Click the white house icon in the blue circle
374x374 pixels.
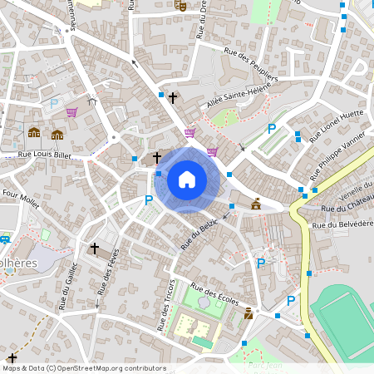(187, 179)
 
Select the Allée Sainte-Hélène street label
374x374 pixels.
(239, 98)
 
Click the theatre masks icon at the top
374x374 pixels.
(180, 5)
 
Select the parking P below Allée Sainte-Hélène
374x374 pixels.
(271, 129)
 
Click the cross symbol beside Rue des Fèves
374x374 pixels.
(95, 248)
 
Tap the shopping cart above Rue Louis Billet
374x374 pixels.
(71, 112)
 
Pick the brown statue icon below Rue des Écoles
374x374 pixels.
(249, 312)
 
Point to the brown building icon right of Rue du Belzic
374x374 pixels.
(256, 204)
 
